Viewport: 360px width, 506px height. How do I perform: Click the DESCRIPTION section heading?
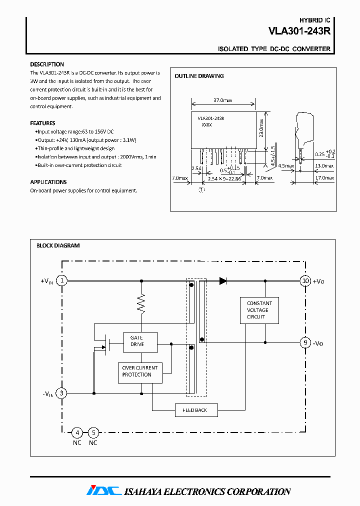click(x=47, y=64)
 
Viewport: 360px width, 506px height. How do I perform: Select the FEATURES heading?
click(x=42, y=123)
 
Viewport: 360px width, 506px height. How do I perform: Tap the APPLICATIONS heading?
click(x=48, y=182)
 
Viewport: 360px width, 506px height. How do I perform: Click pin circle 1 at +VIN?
click(x=61, y=281)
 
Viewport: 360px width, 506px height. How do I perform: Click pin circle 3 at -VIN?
click(x=61, y=393)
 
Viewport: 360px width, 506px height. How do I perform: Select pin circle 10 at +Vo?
click(x=305, y=281)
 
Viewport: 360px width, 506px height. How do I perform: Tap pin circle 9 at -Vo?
click(x=305, y=343)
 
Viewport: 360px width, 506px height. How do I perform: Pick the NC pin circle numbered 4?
click(x=77, y=432)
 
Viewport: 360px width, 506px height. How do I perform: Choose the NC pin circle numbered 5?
click(x=93, y=432)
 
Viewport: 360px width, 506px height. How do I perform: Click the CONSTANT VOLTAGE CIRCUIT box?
click(x=259, y=310)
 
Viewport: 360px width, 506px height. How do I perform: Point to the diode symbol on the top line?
click(x=223, y=281)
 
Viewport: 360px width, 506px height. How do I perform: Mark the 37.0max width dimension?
click(x=222, y=100)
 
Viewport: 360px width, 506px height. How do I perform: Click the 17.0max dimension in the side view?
click(x=324, y=178)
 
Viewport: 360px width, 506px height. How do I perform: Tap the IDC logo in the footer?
click(x=104, y=491)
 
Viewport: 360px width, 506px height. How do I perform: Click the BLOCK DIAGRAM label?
click(x=58, y=245)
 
